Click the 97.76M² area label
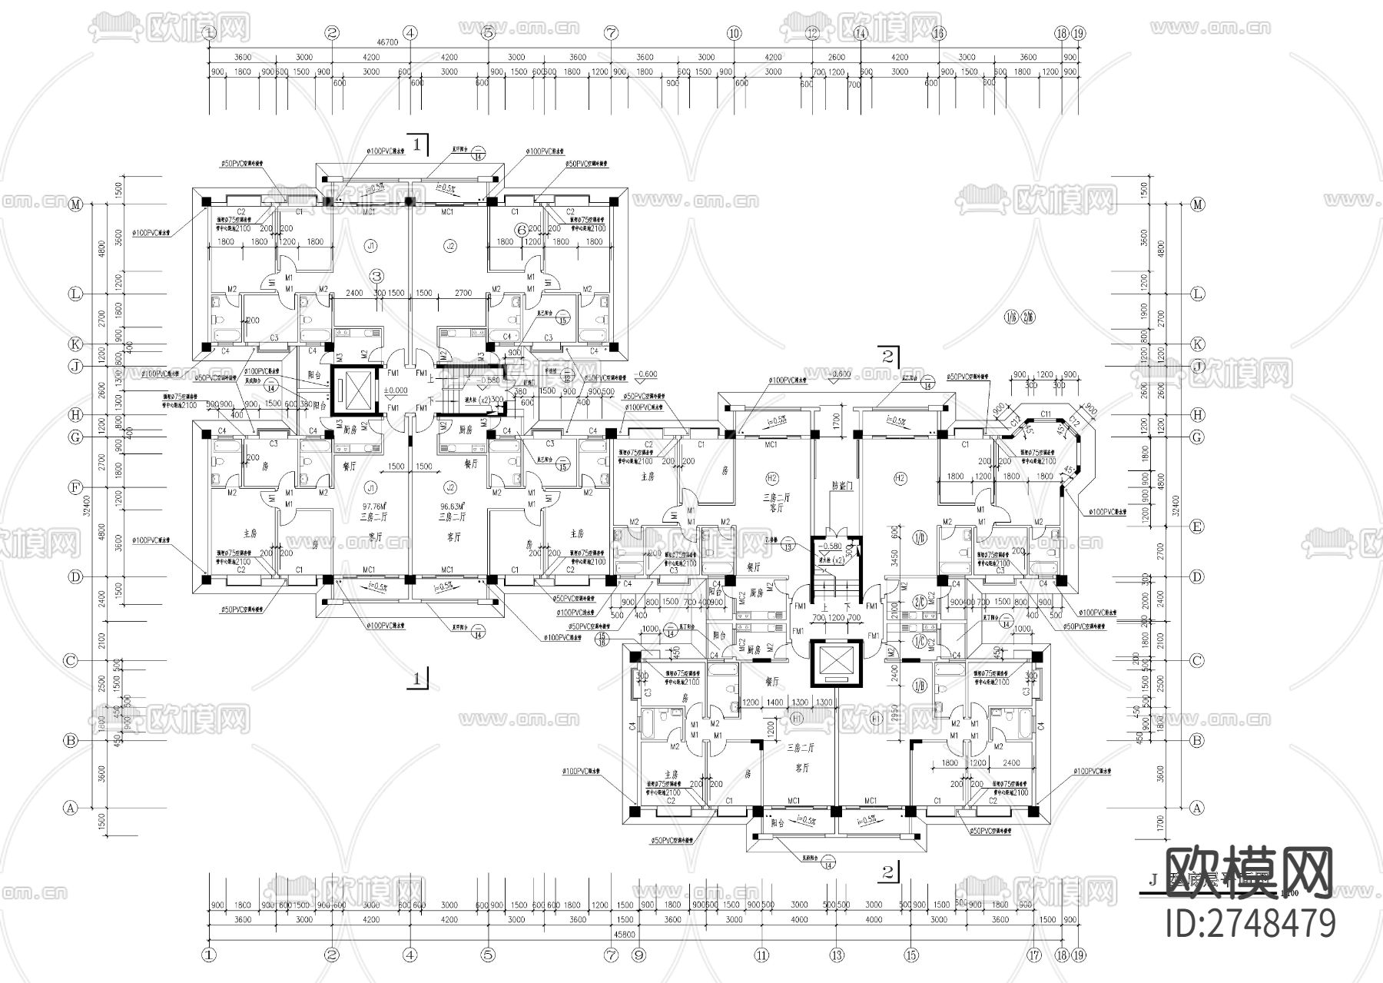[x=373, y=506]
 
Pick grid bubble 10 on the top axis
[x=734, y=33]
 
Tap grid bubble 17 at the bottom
[x=1034, y=956]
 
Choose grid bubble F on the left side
[x=75, y=487]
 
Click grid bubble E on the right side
[x=1196, y=526]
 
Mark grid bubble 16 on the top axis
[x=938, y=33]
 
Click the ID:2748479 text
[x=1251, y=922]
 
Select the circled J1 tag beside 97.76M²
[x=371, y=487]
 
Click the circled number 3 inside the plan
[x=376, y=275]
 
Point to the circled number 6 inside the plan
[x=521, y=229]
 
